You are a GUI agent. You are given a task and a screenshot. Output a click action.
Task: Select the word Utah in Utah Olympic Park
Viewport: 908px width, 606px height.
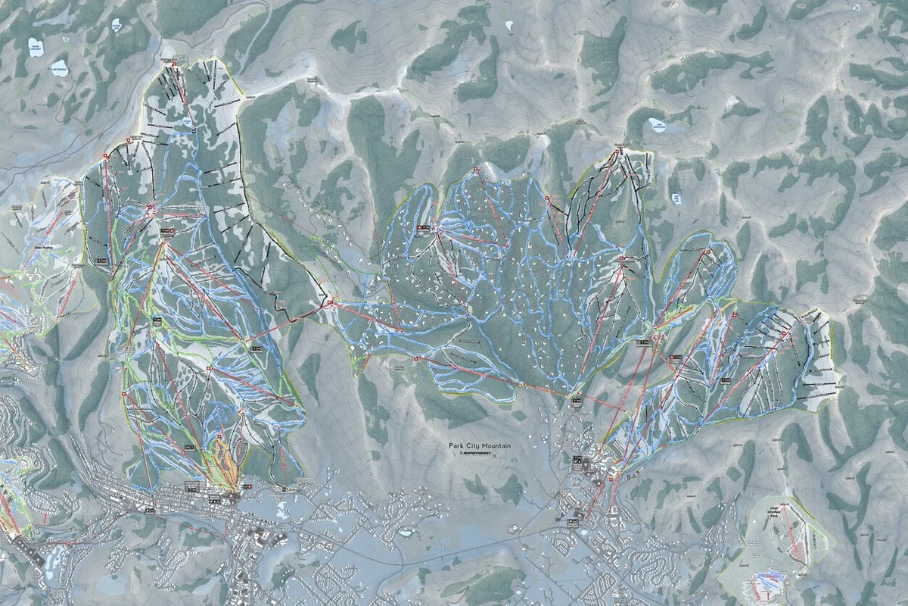coord(773,503)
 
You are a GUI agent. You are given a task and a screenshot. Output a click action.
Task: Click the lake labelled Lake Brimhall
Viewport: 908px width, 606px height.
coord(59,70)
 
